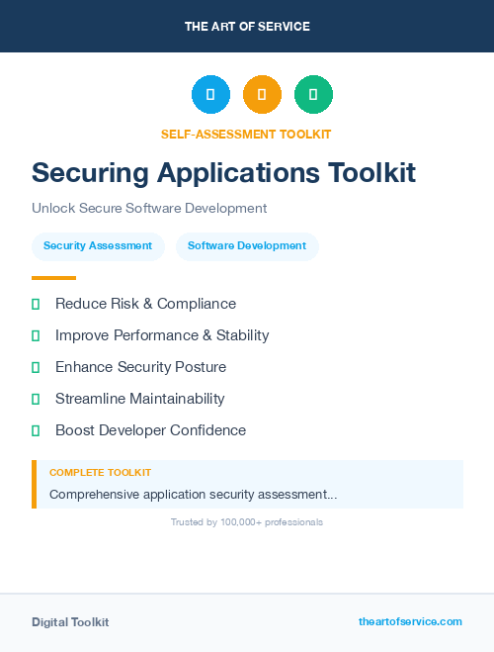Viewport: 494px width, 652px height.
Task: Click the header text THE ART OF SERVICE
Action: (x=247, y=27)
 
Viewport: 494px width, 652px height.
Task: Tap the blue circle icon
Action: (x=210, y=95)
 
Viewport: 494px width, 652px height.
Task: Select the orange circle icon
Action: (x=262, y=95)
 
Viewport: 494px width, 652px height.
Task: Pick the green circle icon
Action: (x=313, y=95)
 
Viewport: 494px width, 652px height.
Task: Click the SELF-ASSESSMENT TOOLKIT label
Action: (x=247, y=134)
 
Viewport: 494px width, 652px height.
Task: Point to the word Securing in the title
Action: (x=89, y=172)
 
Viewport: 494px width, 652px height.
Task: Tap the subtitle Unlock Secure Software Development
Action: (x=149, y=209)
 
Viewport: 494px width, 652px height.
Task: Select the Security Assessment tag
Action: (x=98, y=246)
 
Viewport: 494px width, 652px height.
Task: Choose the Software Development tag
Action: (x=247, y=246)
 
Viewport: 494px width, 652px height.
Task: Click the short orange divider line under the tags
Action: (x=53, y=278)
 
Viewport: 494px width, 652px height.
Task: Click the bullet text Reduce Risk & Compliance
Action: (x=145, y=304)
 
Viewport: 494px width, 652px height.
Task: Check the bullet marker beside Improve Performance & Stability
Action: (x=36, y=335)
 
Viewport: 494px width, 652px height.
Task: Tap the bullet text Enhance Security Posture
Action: (x=140, y=367)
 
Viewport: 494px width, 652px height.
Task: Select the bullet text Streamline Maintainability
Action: (x=139, y=399)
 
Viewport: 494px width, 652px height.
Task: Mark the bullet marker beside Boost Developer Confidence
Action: (x=36, y=430)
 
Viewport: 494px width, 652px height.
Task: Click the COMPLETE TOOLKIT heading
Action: (x=100, y=473)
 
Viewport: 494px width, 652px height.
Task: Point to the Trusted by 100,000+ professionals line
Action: (x=247, y=521)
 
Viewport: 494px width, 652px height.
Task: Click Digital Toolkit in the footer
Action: (x=70, y=622)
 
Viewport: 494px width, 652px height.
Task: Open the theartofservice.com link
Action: (x=410, y=621)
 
